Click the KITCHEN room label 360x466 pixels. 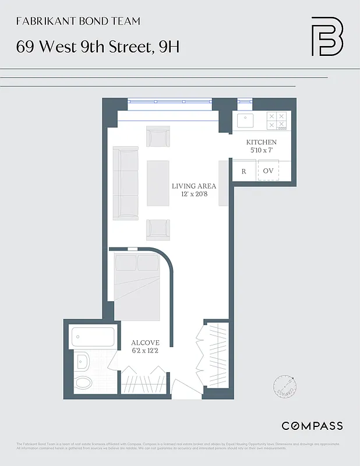click(x=261, y=142)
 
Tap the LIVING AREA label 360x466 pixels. click(x=194, y=186)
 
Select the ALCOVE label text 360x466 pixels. click(x=145, y=343)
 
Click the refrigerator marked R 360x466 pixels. click(x=243, y=171)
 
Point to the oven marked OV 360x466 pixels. click(x=268, y=171)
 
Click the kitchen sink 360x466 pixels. click(x=245, y=121)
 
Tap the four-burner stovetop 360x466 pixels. click(x=277, y=121)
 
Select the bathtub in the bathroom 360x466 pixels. click(x=93, y=337)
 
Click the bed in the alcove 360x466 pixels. click(x=137, y=286)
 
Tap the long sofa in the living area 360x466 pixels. click(x=125, y=183)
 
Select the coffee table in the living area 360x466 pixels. click(x=158, y=183)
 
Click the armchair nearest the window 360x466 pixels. click(x=158, y=137)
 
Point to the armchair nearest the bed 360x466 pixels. click(x=158, y=230)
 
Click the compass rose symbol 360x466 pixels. click(x=285, y=386)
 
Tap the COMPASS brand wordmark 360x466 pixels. click(x=312, y=426)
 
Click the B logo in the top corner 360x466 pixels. click(x=327, y=36)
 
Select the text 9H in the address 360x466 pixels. click(x=169, y=47)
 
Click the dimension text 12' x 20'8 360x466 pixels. click(x=194, y=195)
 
